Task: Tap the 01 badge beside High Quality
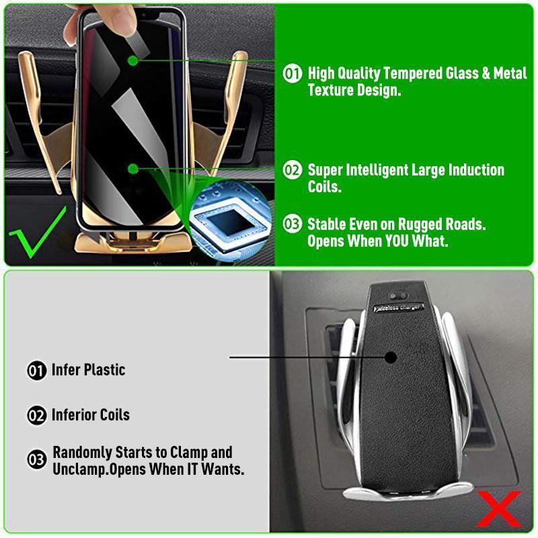point(292,73)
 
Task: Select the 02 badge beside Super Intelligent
point(292,170)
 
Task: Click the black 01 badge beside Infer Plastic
point(36,371)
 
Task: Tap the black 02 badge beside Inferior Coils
point(36,415)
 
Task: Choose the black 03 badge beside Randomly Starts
point(36,460)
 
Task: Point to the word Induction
point(473,169)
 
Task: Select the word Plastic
point(104,370)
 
